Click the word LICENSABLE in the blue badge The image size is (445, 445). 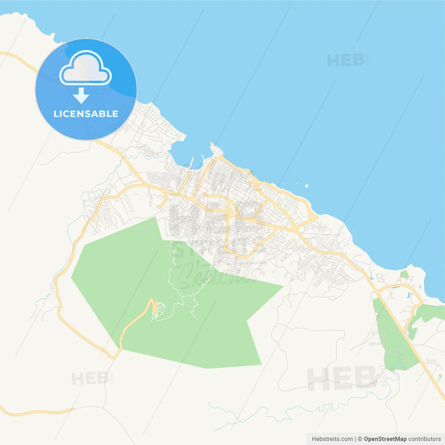[x=86, y=114]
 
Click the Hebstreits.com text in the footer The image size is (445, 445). [x=332, y=439]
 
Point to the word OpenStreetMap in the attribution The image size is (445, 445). [x=385, y=439]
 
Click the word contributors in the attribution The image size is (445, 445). [x=424, y=439]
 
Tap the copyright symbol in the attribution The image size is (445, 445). [x=360, y=439]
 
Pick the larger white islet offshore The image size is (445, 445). [x=307, y=186]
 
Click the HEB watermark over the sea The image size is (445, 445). [x=346, y=60]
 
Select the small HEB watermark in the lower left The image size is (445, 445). [x=90, y=378]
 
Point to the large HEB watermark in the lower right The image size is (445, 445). [x=342, y=378]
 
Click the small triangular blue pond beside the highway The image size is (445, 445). [x=372, y=278]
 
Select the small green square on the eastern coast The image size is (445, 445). [x=404, y=275]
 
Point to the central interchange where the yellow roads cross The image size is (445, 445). [x=229, y=211]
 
